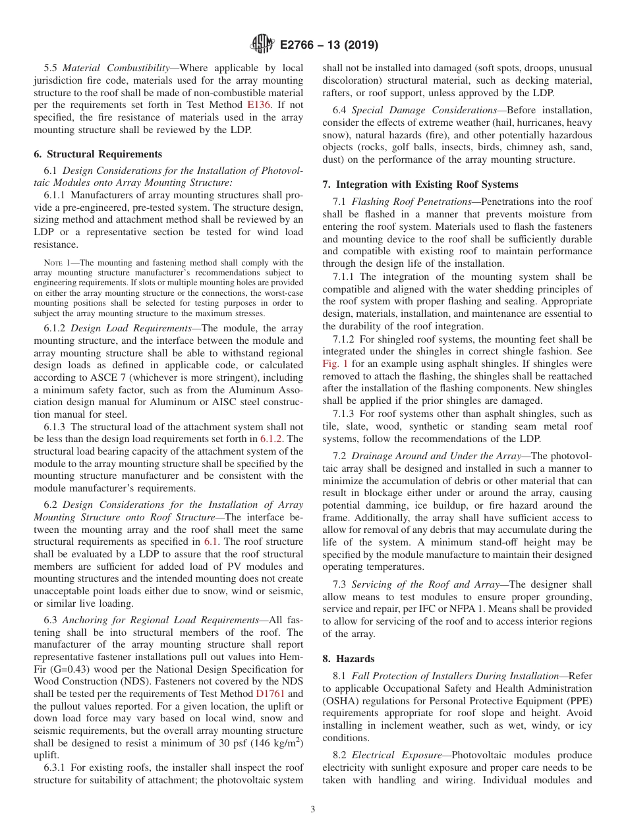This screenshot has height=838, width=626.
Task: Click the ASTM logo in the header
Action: coord(262,45)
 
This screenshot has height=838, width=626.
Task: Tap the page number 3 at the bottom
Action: coord(313,810)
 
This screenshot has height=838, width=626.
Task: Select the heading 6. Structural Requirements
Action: coord(98,154)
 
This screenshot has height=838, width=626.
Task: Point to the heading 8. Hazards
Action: coord(349,659)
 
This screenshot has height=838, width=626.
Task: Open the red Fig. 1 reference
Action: coord(335,364)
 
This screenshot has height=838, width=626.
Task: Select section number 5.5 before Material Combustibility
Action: coord(51,68)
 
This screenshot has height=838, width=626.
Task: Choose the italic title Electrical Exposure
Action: coord(398,755)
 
